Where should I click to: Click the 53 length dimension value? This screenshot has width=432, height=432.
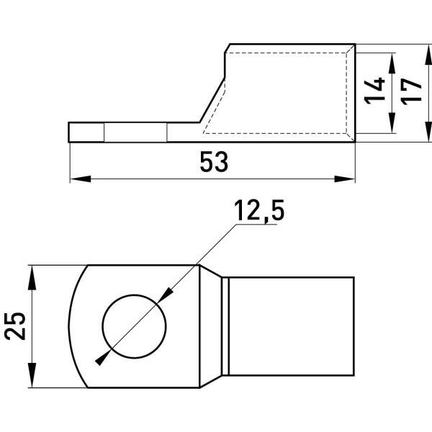tap(214, 162)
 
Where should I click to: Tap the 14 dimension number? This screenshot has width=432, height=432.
tap(374, 91)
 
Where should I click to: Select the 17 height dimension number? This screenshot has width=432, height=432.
tap(412, 91)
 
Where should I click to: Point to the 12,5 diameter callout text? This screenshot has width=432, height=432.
tap(259, 210)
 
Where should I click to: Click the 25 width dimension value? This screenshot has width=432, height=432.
tap(15, 326)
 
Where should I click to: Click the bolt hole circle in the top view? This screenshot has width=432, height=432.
tap(134, 326)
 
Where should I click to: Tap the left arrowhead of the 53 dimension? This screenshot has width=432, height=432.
tap(81, 179)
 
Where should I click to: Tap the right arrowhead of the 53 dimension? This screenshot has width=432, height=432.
tap(345, 179)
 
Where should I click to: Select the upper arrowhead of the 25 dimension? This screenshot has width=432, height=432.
tap(32, 276)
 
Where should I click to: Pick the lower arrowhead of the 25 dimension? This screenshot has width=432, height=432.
tap(32, 377)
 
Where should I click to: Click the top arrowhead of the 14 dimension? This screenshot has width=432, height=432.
tap(392, 63)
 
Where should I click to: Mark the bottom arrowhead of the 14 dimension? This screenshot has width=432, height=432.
tap(392, 123)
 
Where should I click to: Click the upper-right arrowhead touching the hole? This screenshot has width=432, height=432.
tap(166, 295)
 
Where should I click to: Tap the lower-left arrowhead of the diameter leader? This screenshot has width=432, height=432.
tap(103, 358)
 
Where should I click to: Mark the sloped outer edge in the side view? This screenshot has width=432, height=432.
tap(212, 100)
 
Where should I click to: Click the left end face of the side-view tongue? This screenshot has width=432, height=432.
tap(69, 132)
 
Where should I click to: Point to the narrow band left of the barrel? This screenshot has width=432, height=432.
tap(225, 326)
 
